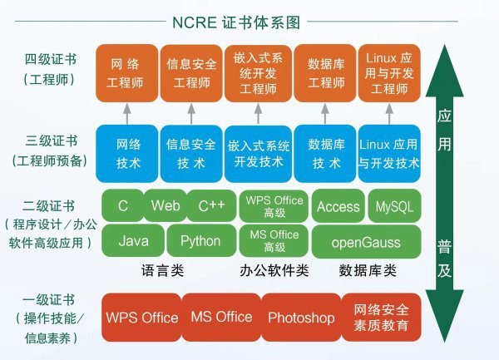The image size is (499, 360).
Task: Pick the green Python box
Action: pos(200,241)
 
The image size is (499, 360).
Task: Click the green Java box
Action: pos(133,241)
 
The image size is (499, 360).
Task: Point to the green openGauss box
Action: pos(367,241)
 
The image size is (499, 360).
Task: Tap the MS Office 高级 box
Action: pos(274,241)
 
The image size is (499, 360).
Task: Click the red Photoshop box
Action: pos(300,318)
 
